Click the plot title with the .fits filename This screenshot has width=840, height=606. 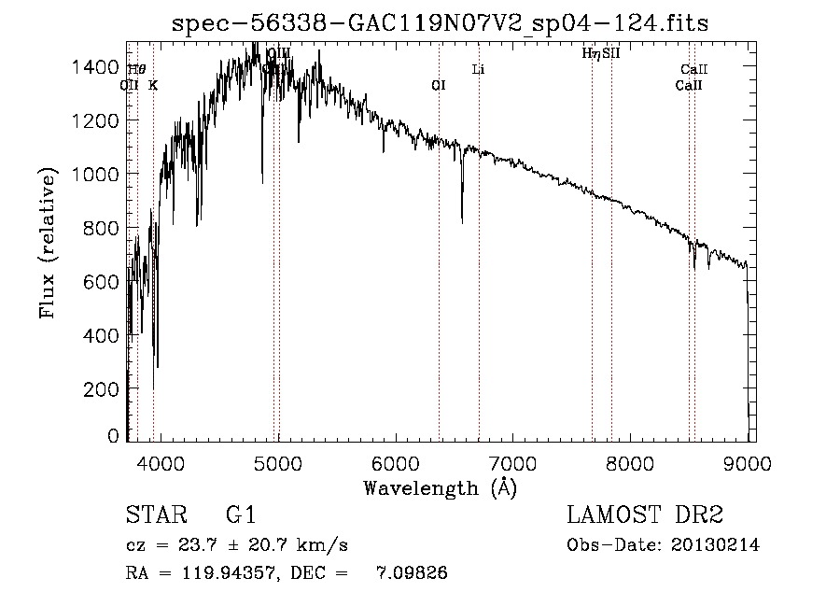point(441,23)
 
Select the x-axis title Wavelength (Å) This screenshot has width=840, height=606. point(440,487)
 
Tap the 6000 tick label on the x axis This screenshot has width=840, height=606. point(395,463)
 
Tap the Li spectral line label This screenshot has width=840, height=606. point(478,69)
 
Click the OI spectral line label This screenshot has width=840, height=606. point(439,85)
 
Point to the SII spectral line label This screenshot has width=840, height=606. point(611,54)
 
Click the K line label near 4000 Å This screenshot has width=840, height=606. point(153,85)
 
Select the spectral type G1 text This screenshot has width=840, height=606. point(240,515)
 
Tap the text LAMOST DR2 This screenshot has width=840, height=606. point(645,515)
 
